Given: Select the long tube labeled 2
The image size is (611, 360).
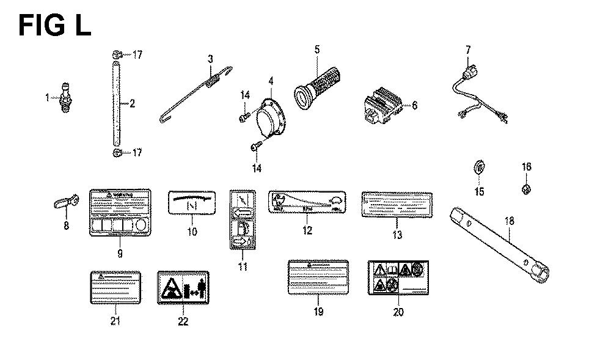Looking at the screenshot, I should tap(117, 103).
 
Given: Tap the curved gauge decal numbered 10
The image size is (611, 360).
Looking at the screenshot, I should tap(192, 202).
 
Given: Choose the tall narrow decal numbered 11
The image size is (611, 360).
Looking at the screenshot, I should tap(243, 219).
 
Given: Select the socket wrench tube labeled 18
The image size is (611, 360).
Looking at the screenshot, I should tap(501, 243).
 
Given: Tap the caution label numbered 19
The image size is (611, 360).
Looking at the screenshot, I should tap(318, 277).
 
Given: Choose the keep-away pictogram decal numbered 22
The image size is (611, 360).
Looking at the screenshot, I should tap(183, 286).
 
